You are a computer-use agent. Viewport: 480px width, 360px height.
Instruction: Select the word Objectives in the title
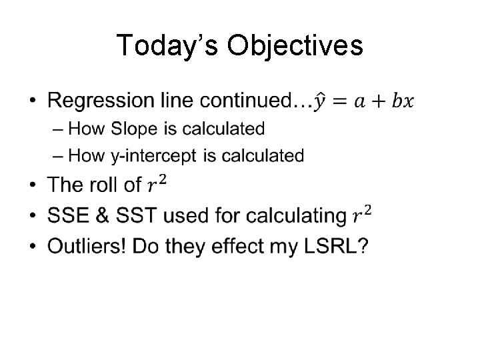pyautogui.click(x=295, y=46)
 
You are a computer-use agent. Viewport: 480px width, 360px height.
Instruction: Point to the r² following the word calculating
pyautogui.click(x=361, y=215)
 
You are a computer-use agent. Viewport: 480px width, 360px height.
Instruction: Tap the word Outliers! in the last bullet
pyautogui.click(x=87, y=247)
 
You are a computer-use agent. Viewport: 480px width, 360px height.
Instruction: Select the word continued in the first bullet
pyautogui.click(x=247, y=101)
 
